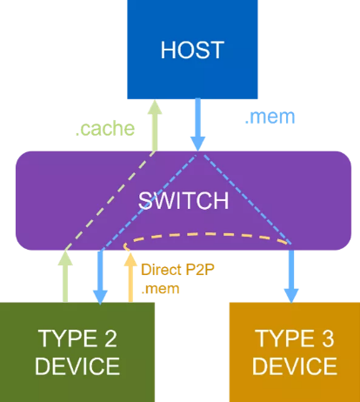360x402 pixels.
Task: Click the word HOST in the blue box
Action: pos(192,50)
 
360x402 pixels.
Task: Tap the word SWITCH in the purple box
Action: pos(183,200)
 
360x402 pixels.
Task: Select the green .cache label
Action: pos(105,129)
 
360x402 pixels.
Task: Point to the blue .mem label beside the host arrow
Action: pos(270,117)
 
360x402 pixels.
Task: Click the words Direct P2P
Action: pos(177,270)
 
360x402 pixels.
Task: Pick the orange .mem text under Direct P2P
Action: pos(160,289)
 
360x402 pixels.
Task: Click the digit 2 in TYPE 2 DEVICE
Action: pos(110,338)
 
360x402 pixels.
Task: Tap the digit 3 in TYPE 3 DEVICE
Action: pos(328,338)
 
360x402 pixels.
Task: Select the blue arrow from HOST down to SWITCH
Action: pos(197,124)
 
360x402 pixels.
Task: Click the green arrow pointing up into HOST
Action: pos(155,125)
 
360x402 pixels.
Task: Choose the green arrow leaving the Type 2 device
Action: pos(65,277)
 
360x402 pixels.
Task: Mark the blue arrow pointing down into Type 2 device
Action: pos(100,278)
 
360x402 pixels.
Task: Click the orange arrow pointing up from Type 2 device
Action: pos(130,278)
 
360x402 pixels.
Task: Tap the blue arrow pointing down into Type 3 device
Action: pos(291,277)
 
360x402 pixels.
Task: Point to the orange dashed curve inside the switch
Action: pos(206,233)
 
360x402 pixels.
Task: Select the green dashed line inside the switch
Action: pos(110,200)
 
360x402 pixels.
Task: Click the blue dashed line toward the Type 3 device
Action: pos(247,199)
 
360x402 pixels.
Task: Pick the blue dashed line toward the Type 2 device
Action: pos(149,203)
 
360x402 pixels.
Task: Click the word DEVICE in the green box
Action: pos(77,366)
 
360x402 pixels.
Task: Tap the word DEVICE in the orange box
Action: pos(295,366)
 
